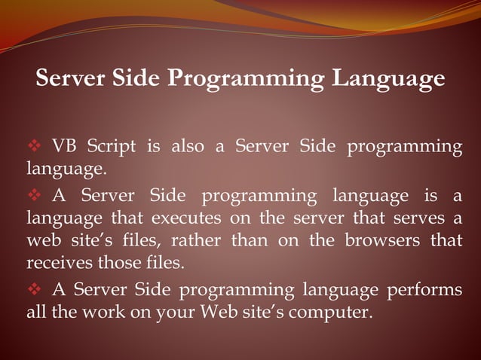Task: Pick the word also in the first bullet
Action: pos(185,145)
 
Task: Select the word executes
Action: pos(187,219)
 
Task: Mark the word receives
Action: pos(57,264)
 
